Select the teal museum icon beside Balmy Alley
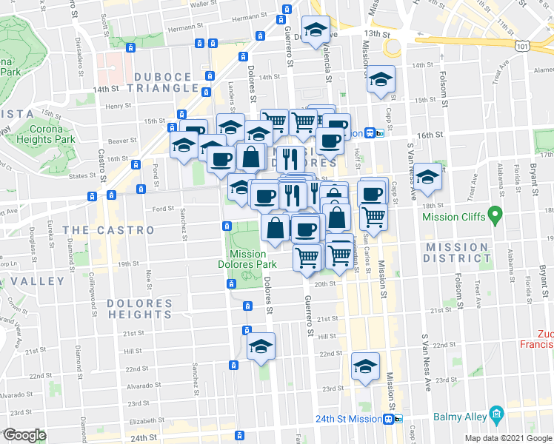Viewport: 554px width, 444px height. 496,416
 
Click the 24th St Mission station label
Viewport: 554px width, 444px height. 348,419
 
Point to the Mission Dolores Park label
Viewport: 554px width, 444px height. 247,258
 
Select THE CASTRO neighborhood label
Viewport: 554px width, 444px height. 108,230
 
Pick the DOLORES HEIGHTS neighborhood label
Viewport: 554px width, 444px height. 139,309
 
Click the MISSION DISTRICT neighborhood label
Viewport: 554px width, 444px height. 455,252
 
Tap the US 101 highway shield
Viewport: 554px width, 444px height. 522,46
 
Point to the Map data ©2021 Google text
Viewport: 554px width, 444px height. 509,438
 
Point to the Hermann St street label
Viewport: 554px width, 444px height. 248,17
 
